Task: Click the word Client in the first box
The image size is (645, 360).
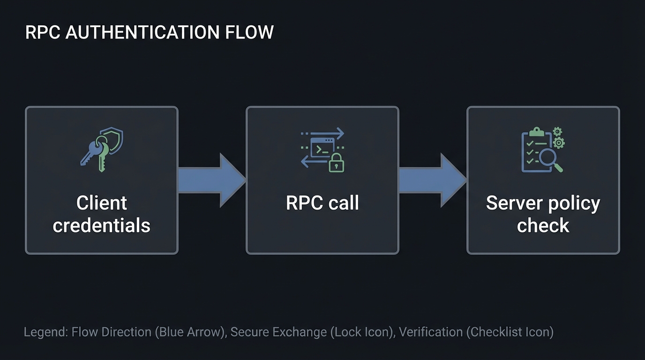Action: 101,203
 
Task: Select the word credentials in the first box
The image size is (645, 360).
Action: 101,225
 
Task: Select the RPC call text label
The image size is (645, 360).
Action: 322,203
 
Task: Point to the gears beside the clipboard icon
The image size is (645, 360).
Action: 558,138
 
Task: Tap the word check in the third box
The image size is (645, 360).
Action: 543,225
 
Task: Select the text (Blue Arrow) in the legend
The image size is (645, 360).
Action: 190,332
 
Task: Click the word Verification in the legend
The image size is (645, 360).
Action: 430,332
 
